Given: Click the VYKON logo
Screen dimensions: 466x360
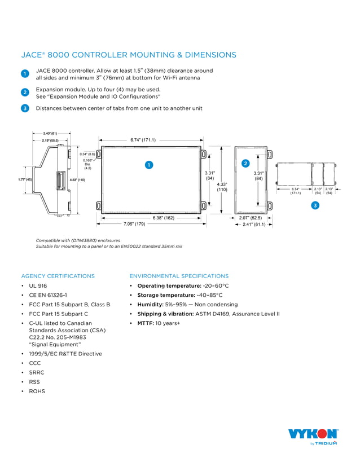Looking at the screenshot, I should pos(313,434).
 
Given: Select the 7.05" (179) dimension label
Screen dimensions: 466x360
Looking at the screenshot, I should pos(134,224).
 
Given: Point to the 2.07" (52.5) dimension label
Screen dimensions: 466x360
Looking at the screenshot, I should pos(250,217).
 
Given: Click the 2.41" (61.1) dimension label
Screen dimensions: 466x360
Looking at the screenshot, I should pos(254,224).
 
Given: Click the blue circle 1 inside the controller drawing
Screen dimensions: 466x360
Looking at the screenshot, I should pos(148,165).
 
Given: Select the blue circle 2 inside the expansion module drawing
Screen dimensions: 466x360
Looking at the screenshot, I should pos(245,164).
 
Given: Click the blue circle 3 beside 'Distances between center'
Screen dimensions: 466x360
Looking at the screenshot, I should pos(25,108).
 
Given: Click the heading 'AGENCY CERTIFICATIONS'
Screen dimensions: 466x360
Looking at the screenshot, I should pos(58,276).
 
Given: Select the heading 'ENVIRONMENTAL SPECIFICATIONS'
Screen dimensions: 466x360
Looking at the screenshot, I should pos(179,276).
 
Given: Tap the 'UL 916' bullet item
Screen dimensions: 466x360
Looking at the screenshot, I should pos(38,286).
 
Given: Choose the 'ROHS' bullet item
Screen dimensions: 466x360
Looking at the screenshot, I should pos(37,391).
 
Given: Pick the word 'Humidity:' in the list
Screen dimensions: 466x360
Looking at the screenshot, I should pos(151,305).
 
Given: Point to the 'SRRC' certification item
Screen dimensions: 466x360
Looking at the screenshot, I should pos(37,372).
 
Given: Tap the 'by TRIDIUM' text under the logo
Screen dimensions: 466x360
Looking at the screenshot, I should pos(324,443).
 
